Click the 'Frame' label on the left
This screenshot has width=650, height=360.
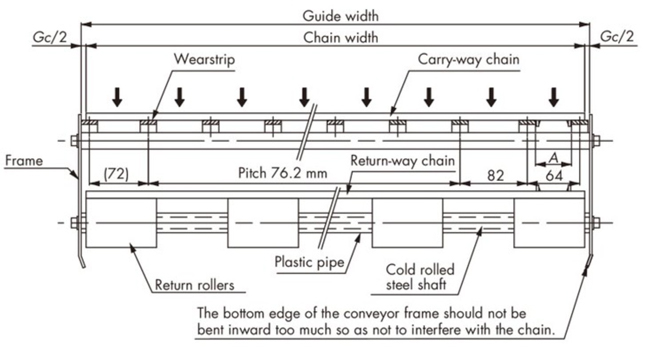[22, 159]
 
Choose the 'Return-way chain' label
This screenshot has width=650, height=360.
[404, 160]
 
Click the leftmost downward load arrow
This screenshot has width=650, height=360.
[118, 96]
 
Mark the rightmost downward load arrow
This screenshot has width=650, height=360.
[554, 96]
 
